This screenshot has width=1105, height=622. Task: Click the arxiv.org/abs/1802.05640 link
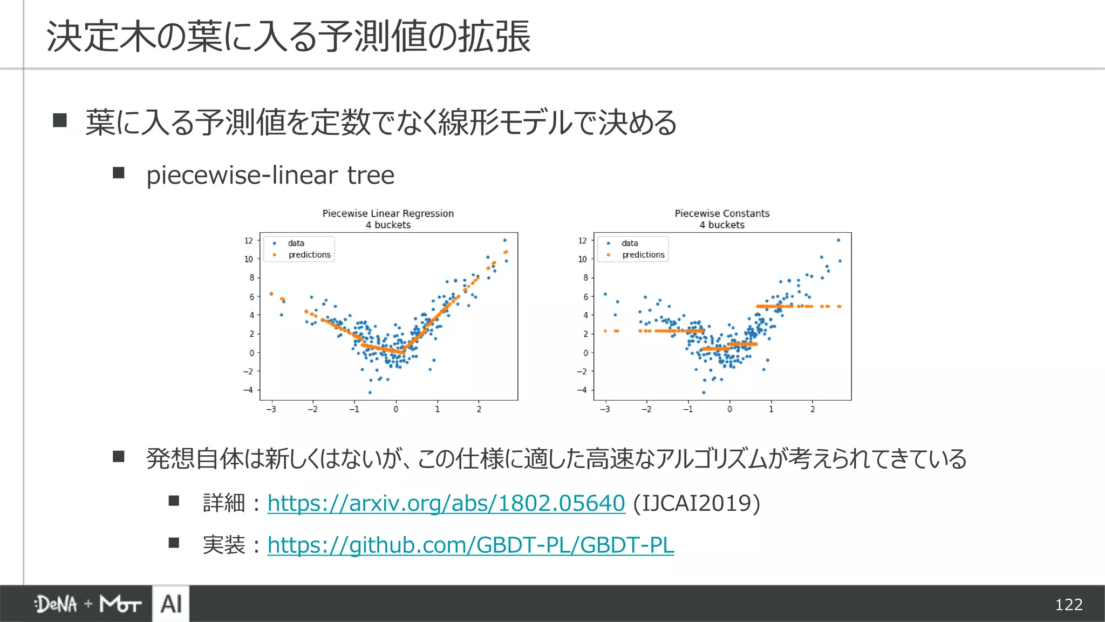tap(446, 503)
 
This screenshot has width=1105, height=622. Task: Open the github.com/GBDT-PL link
tap(470, 545)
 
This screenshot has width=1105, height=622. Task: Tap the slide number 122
tap(1068, 604)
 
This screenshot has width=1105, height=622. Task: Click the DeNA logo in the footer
tap(56, 604)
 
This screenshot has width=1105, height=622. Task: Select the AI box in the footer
tap(171, 604)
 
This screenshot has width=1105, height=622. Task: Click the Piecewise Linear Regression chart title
tap(388, 213)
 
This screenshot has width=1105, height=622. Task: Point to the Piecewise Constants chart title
tap(722, 213)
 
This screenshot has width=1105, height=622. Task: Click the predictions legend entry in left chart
tap(309, 255)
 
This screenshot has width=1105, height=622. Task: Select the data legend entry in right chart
tap(629, 244)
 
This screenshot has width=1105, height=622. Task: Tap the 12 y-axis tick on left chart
tap(248, 241)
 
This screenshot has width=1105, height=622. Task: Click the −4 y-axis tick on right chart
tap(581, 390)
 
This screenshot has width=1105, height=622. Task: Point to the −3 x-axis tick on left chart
tap(271, 409)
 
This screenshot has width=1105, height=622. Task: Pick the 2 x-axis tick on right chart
tap(812, 409)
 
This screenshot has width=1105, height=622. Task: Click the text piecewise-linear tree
tap(270, 175)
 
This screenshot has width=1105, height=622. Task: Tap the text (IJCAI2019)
tap(697, 503)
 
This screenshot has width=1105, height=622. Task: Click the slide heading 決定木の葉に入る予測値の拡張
tap(289, 37)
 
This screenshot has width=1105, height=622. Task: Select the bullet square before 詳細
tap(174, 501)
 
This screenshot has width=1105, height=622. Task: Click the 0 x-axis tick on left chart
tap(395, 409)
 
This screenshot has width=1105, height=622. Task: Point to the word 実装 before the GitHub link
tap(224, 545)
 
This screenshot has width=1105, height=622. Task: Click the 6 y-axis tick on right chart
tap(585, 297)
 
